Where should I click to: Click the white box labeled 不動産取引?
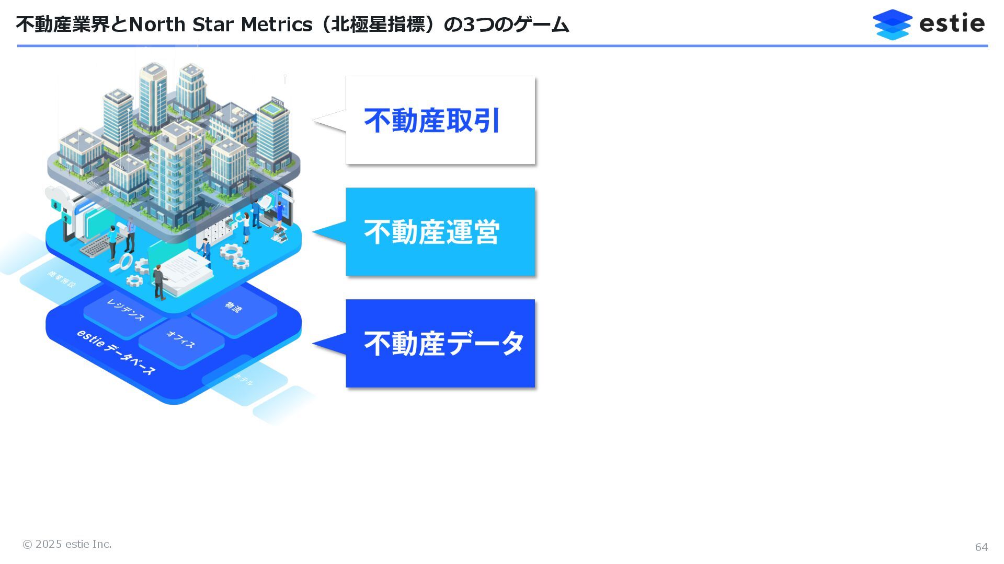coord(440,120)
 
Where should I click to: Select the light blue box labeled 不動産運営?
coord(440,232)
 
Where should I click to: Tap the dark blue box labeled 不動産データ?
coord(440,344)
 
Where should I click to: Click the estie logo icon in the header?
coord(892,24)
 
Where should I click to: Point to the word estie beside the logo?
coord(952,23)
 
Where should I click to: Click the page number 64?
coord(981,547)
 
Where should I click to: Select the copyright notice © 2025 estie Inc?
coord(67,544)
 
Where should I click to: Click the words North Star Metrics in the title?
coord(220,25)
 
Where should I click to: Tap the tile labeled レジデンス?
coord(125,310)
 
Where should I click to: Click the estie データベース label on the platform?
coord(116,352)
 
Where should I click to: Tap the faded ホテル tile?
coord(244,380)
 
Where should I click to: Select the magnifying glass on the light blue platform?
coord(125,262)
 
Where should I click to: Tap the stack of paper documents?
coord(186,269)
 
